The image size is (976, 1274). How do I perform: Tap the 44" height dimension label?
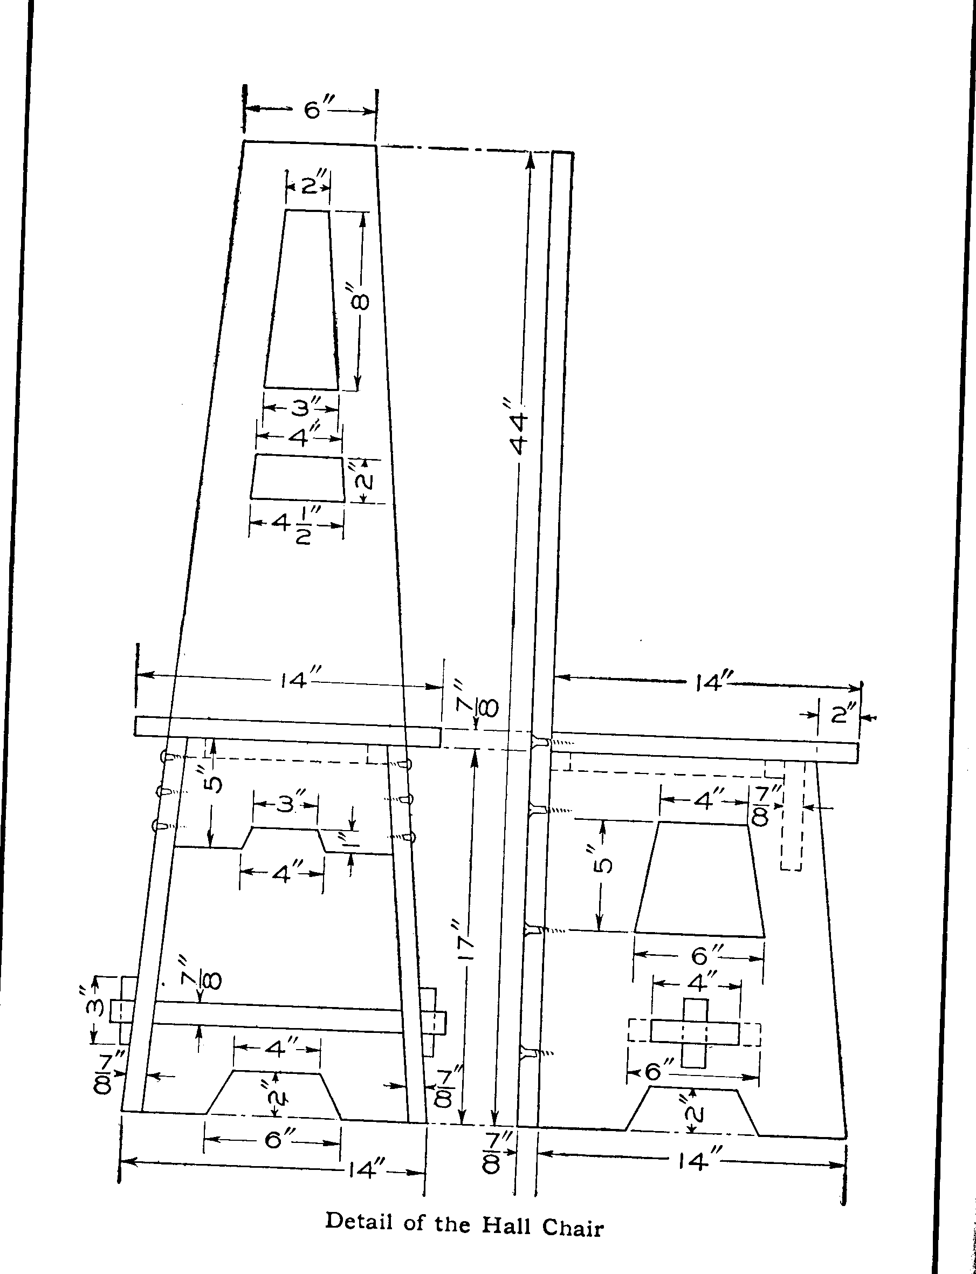coord(518,426)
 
